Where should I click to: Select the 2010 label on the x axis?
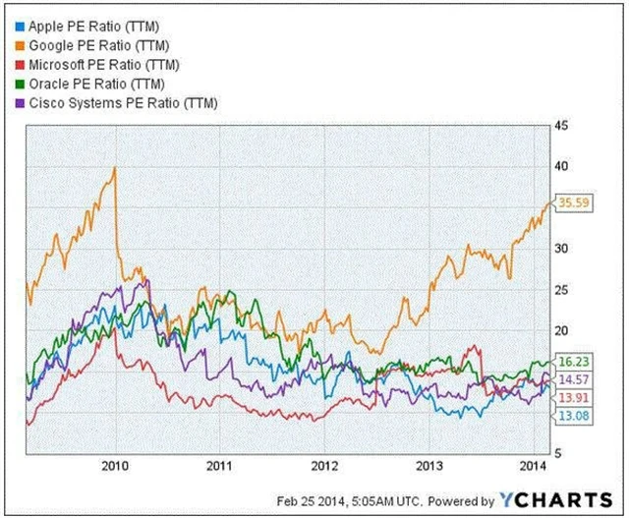click(x=116, y=465)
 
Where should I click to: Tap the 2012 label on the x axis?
click(x=325, y=465)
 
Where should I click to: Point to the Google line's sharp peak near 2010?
click(x=115, y=168)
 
